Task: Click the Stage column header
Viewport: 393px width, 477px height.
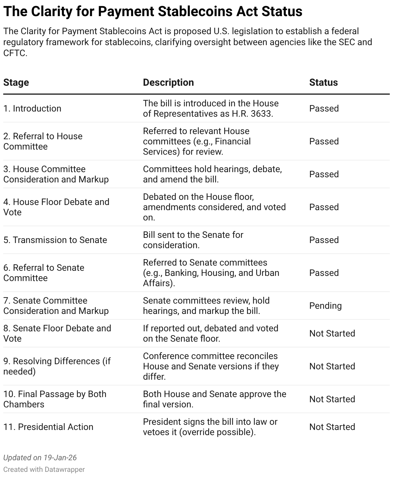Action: [16, 83]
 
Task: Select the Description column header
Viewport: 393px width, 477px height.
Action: [168, 83]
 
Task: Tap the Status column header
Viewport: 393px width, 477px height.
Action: [323, 83]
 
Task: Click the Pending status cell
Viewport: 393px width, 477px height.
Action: [325, 306]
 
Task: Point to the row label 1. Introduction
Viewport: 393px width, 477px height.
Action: [32, 108]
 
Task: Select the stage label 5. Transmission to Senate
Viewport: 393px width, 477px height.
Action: [55, 240]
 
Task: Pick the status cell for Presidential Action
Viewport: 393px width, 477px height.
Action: [332, 427]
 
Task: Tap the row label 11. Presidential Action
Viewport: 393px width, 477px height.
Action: [48, 427]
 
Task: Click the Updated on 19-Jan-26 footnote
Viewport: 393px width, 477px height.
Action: [40, 458]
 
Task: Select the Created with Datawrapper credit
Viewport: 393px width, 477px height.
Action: [44, 469]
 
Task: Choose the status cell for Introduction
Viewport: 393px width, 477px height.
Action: [324, 108]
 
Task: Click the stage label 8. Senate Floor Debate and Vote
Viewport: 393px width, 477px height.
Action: [57, 333]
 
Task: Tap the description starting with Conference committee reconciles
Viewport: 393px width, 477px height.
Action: [211, 366]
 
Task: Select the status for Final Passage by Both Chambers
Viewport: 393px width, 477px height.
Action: [332, 399]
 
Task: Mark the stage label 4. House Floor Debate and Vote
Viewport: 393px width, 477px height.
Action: [56, 207]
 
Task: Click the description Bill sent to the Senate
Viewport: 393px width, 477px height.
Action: [193, 240]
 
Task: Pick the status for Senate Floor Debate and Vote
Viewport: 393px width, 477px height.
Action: [332, 333]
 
